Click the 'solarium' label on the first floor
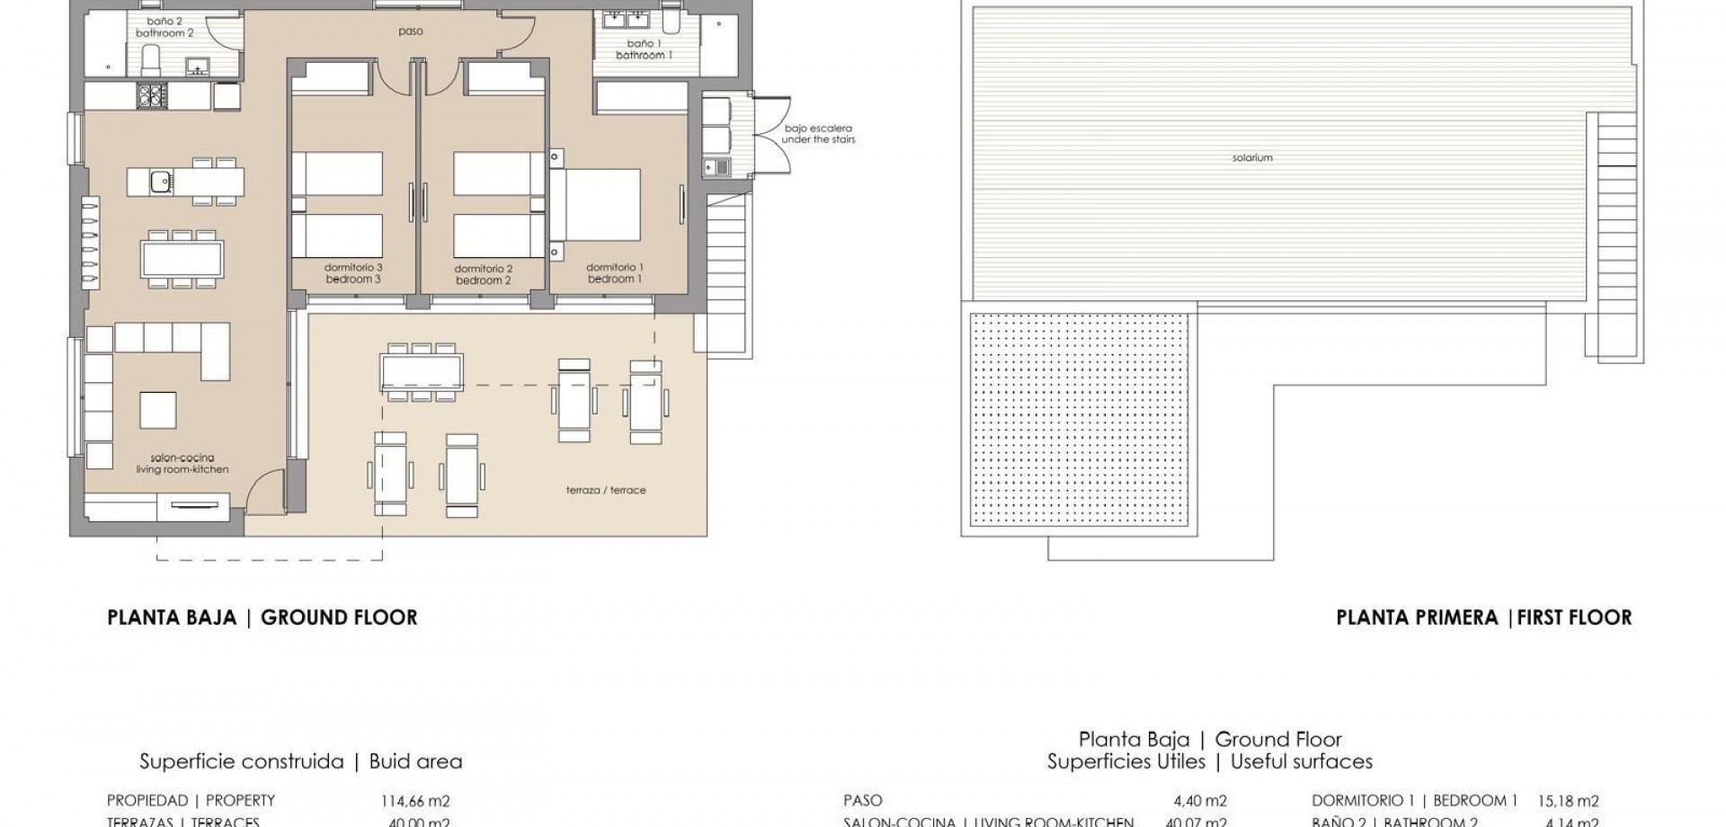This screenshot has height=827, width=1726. tap(1252, 158)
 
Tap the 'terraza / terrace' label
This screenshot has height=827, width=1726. tap(606, 490)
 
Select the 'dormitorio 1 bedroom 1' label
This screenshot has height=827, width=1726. tap(615, 273)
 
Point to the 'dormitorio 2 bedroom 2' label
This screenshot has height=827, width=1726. tap(483, 274)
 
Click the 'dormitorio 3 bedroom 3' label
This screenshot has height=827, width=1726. tap(353, 273)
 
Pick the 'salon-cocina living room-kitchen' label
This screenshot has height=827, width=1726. tap(182, 464)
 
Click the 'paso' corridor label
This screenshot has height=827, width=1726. tap(411, 31)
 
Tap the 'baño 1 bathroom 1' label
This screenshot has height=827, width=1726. tap(644, 49)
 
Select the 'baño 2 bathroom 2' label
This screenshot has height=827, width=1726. tap(165, 27)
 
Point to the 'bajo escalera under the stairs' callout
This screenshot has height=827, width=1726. tap(817, 134)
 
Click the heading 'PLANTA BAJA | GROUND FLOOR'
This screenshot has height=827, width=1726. tap(262, 618)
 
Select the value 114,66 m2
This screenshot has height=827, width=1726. tap(414, 801)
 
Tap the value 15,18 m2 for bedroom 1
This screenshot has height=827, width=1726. tap(1568, 801)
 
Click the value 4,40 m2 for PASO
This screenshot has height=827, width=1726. tap(1199, 801)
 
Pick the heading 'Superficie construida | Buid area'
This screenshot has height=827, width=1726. tap(300, 762)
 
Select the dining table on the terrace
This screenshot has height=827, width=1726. tap(422, 369)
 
